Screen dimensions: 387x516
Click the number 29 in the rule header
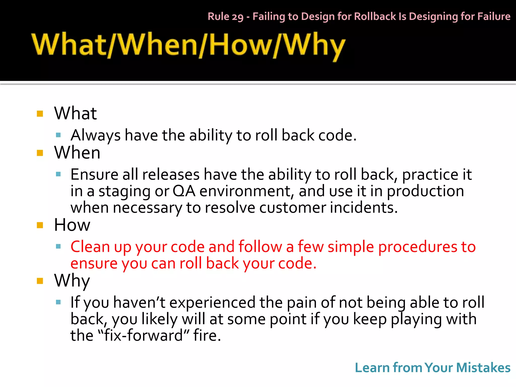click(238, 17)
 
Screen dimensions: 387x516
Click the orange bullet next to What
click(40, 114)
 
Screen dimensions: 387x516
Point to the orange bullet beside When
click(40, 153)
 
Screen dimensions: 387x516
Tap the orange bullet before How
click(40, 225)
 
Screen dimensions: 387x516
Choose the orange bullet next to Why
click(40, 281)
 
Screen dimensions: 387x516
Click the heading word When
click(77, 153)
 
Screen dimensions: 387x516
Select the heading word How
click(72, 225)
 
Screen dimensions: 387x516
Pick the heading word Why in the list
click(72, 281)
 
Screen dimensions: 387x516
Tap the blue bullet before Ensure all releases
click(58, 174)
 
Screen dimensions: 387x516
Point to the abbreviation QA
click(184, 191)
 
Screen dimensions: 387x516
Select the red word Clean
click(90, 246)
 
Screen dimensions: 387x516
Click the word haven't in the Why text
click(139, 302)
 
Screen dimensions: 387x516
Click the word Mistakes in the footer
click(483, 368)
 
